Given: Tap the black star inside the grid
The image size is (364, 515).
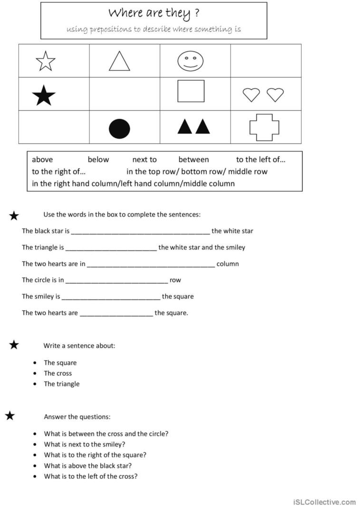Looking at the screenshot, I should tap(44, 96).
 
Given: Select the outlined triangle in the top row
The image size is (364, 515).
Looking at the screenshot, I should tap(119, 61).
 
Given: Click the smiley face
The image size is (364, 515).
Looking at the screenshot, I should tap(191, 61).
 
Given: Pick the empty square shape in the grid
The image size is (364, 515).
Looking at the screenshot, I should tap(191, 91).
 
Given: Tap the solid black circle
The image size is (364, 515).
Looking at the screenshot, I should tap(119, 129).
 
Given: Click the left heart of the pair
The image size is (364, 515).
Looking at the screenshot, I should tap(251, 95).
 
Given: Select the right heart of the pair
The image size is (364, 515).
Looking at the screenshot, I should tap(275, 95).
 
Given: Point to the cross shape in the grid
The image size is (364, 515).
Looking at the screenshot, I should tap(264, 127).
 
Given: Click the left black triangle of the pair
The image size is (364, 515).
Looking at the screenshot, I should tap(185, 126).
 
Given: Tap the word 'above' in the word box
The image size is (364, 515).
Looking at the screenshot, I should tap(42, 160).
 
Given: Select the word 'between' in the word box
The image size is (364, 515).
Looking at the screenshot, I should tap(193, 160).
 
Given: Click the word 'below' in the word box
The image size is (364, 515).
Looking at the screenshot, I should tap(98, 160).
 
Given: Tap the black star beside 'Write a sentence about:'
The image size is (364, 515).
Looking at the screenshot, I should tap(14, 345).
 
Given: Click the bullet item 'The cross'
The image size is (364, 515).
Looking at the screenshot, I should tap(58, 373).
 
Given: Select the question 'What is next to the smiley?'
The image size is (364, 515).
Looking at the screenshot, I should tap(85, 445).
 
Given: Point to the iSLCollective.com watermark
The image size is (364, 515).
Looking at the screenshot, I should tap(325, 502).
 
